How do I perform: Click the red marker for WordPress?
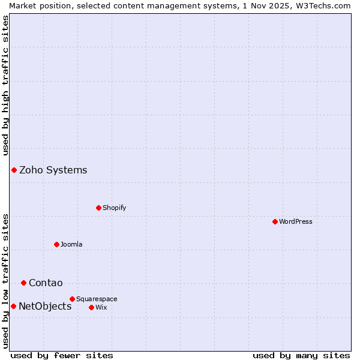pyautogui.click(x=275, y=221)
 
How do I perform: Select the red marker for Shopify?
pyautogui.click(x=98, y=208)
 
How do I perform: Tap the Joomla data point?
pyautogui.click(x=56, y=244)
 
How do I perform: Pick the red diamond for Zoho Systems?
pyautogui.click(x=14, y=170)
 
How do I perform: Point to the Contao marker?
pyautogui.click(x=23, y=283)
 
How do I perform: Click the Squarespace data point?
pyautogui.click(x=72, y=299)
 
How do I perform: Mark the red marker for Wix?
pyautogui.click(x=91, y=307)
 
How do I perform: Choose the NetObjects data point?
pyautogui.click(x=13, y=306)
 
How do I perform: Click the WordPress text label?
pyautogui.click(x=296, y=221)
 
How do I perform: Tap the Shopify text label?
pyautogui.click(x=114, y=208)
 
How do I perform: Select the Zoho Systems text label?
pyautogui.click(x=53, y=170)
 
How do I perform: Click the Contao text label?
pyautogui.click(x=46, y=283)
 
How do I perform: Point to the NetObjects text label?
pyautogui.click(x=45, y=306)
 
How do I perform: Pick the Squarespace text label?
pyautogui.click(x=97, y=299)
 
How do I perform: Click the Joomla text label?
pyautogui.click(x=71, y=244)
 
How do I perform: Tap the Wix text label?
pyautogui.click(x=101, y=307)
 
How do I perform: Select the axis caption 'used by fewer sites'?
pyautogui.click(x=62, y=355)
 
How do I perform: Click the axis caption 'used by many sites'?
pyautogui.click(x=301, y=355)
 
